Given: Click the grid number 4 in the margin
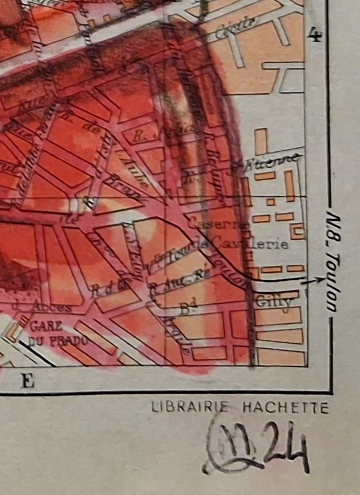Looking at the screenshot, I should (x=315, y=37).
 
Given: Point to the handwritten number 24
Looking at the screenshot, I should (x=285, y=452).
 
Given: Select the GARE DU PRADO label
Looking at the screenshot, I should (x=53, y=333).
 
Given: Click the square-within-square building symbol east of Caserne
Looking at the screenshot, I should (x=298, y=230).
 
